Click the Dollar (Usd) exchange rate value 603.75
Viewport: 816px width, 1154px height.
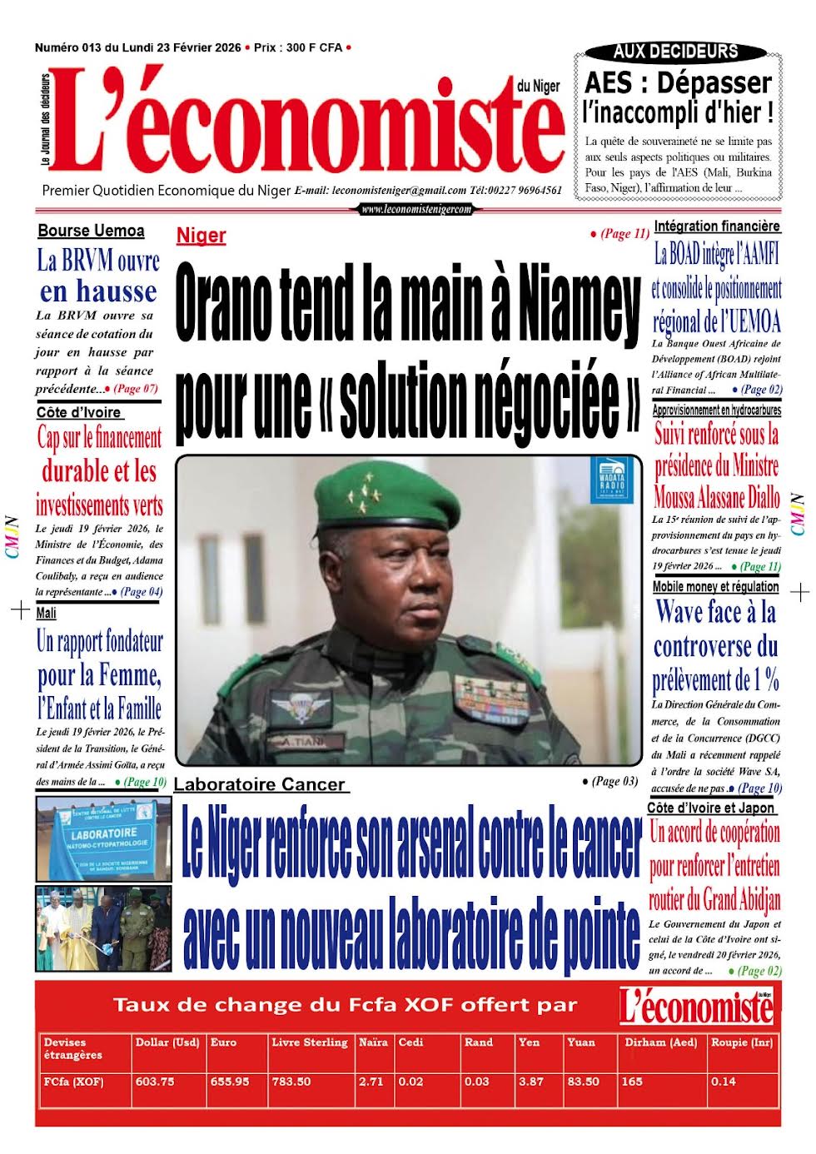pos(155,1082)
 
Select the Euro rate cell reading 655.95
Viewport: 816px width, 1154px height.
pos(230,1082)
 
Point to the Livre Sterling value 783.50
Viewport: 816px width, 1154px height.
pos(291,1082)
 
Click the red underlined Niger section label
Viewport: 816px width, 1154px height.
pos(202,236)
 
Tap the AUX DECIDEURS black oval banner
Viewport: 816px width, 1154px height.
pos(675,52)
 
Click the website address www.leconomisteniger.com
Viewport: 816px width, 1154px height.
pos(416,210)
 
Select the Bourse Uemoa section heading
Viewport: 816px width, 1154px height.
pos(91,231)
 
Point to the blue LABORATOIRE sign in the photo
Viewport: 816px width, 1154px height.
pos(104,833)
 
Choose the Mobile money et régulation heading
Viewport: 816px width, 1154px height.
pos(715,587)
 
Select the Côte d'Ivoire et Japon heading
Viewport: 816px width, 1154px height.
pos(711,808)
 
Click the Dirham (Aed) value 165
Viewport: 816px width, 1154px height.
pos(632,1082)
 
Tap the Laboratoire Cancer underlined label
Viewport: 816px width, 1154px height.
pos(259,784)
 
